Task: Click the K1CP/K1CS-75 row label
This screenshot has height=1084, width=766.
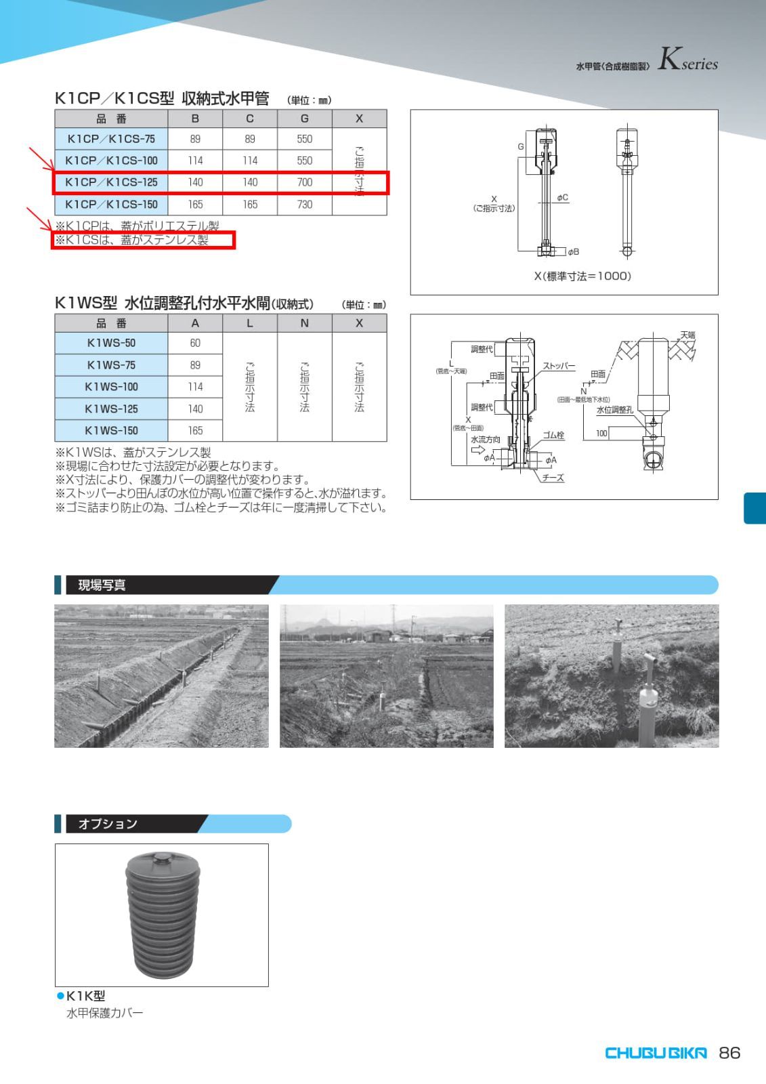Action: (x=111, y=139)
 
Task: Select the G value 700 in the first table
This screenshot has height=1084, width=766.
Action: (x=305, y=182)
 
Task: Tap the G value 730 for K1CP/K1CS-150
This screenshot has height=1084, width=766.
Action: (x=305, y=204)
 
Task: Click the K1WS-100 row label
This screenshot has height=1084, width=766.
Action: (x=111, y=387)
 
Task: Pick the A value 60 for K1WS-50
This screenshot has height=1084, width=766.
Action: (x=195, y=343)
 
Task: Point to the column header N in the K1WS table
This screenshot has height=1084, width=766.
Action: (x=305, y=323)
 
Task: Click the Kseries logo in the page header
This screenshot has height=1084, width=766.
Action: (x=687, y=62)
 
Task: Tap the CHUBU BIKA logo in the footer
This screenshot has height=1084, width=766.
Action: (x=655, y=1053)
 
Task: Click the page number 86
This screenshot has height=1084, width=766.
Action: (x=729, y=1053)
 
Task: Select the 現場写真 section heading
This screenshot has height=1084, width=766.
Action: (x=102, y=585)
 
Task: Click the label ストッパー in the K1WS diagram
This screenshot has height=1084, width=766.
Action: (x=559, y=367)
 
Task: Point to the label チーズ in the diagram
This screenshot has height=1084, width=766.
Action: (x=553, y=478)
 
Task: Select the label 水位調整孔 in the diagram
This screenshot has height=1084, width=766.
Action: (x=614, y=410)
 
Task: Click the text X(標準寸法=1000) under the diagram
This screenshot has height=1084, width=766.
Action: (x=582, y=276)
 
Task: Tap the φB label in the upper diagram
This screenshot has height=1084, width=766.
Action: (x=573, y=251)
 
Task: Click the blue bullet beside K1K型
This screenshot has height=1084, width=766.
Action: (x=60, y=995)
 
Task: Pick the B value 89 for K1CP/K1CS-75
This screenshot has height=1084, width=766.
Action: (x=195, y=139)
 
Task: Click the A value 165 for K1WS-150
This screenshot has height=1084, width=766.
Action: (x=195, y=430)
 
